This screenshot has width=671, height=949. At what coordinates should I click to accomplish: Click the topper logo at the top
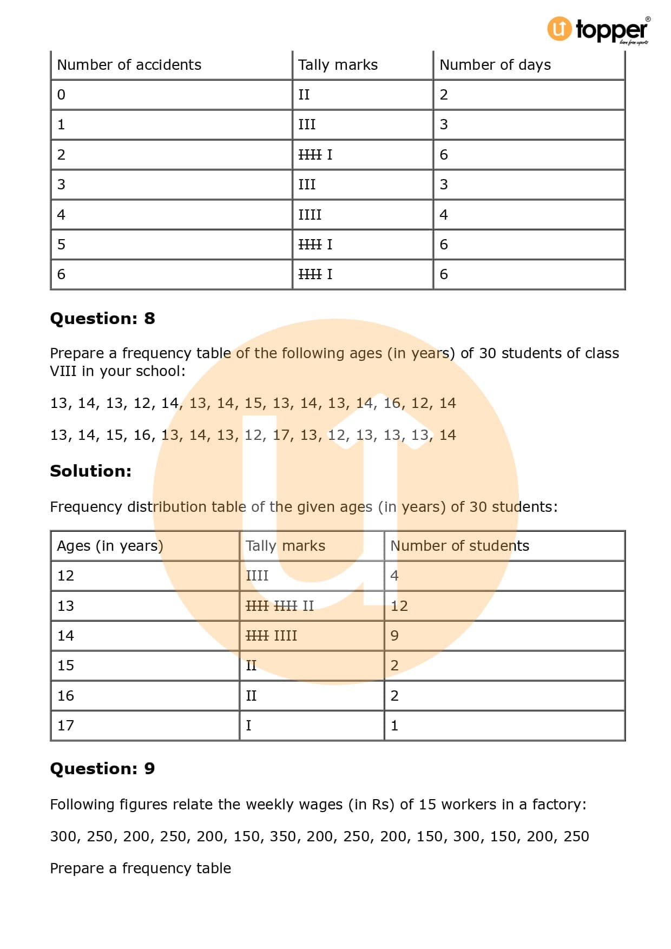(x=598, y=29)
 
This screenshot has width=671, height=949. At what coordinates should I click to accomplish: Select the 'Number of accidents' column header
(x=129, y=65)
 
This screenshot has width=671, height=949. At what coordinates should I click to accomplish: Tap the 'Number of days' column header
(x=495, y=65)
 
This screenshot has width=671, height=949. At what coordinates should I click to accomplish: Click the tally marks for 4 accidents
(x=310, y=215)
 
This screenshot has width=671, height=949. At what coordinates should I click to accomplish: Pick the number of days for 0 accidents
(x=444, y=95)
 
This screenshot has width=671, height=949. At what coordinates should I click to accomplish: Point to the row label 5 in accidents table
(x=61, y=245)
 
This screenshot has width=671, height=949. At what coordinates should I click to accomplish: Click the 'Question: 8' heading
(x=102, y=318)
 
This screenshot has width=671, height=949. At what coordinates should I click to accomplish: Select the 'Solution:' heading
(x=90, y=471)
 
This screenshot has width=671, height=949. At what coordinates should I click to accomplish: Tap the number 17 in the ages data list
(x=281, y=435)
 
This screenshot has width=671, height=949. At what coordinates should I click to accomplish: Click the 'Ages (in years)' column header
(x=110, y=545)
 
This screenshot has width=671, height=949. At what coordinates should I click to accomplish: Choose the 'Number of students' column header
(x=459, y=545)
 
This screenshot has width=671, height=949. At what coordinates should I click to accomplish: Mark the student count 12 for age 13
(x=399, y=606)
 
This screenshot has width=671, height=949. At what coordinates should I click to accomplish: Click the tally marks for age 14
(x=271, y=636)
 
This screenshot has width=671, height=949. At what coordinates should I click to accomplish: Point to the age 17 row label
(x=65, y=726)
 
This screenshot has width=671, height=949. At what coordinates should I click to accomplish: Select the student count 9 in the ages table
(x=394, y=636)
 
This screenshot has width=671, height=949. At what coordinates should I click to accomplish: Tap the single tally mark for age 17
(x=248, y=726)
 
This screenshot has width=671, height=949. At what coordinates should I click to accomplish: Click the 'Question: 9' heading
(x=102, y=768)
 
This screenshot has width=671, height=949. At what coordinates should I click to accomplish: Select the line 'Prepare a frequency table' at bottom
(x=140, y=868)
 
